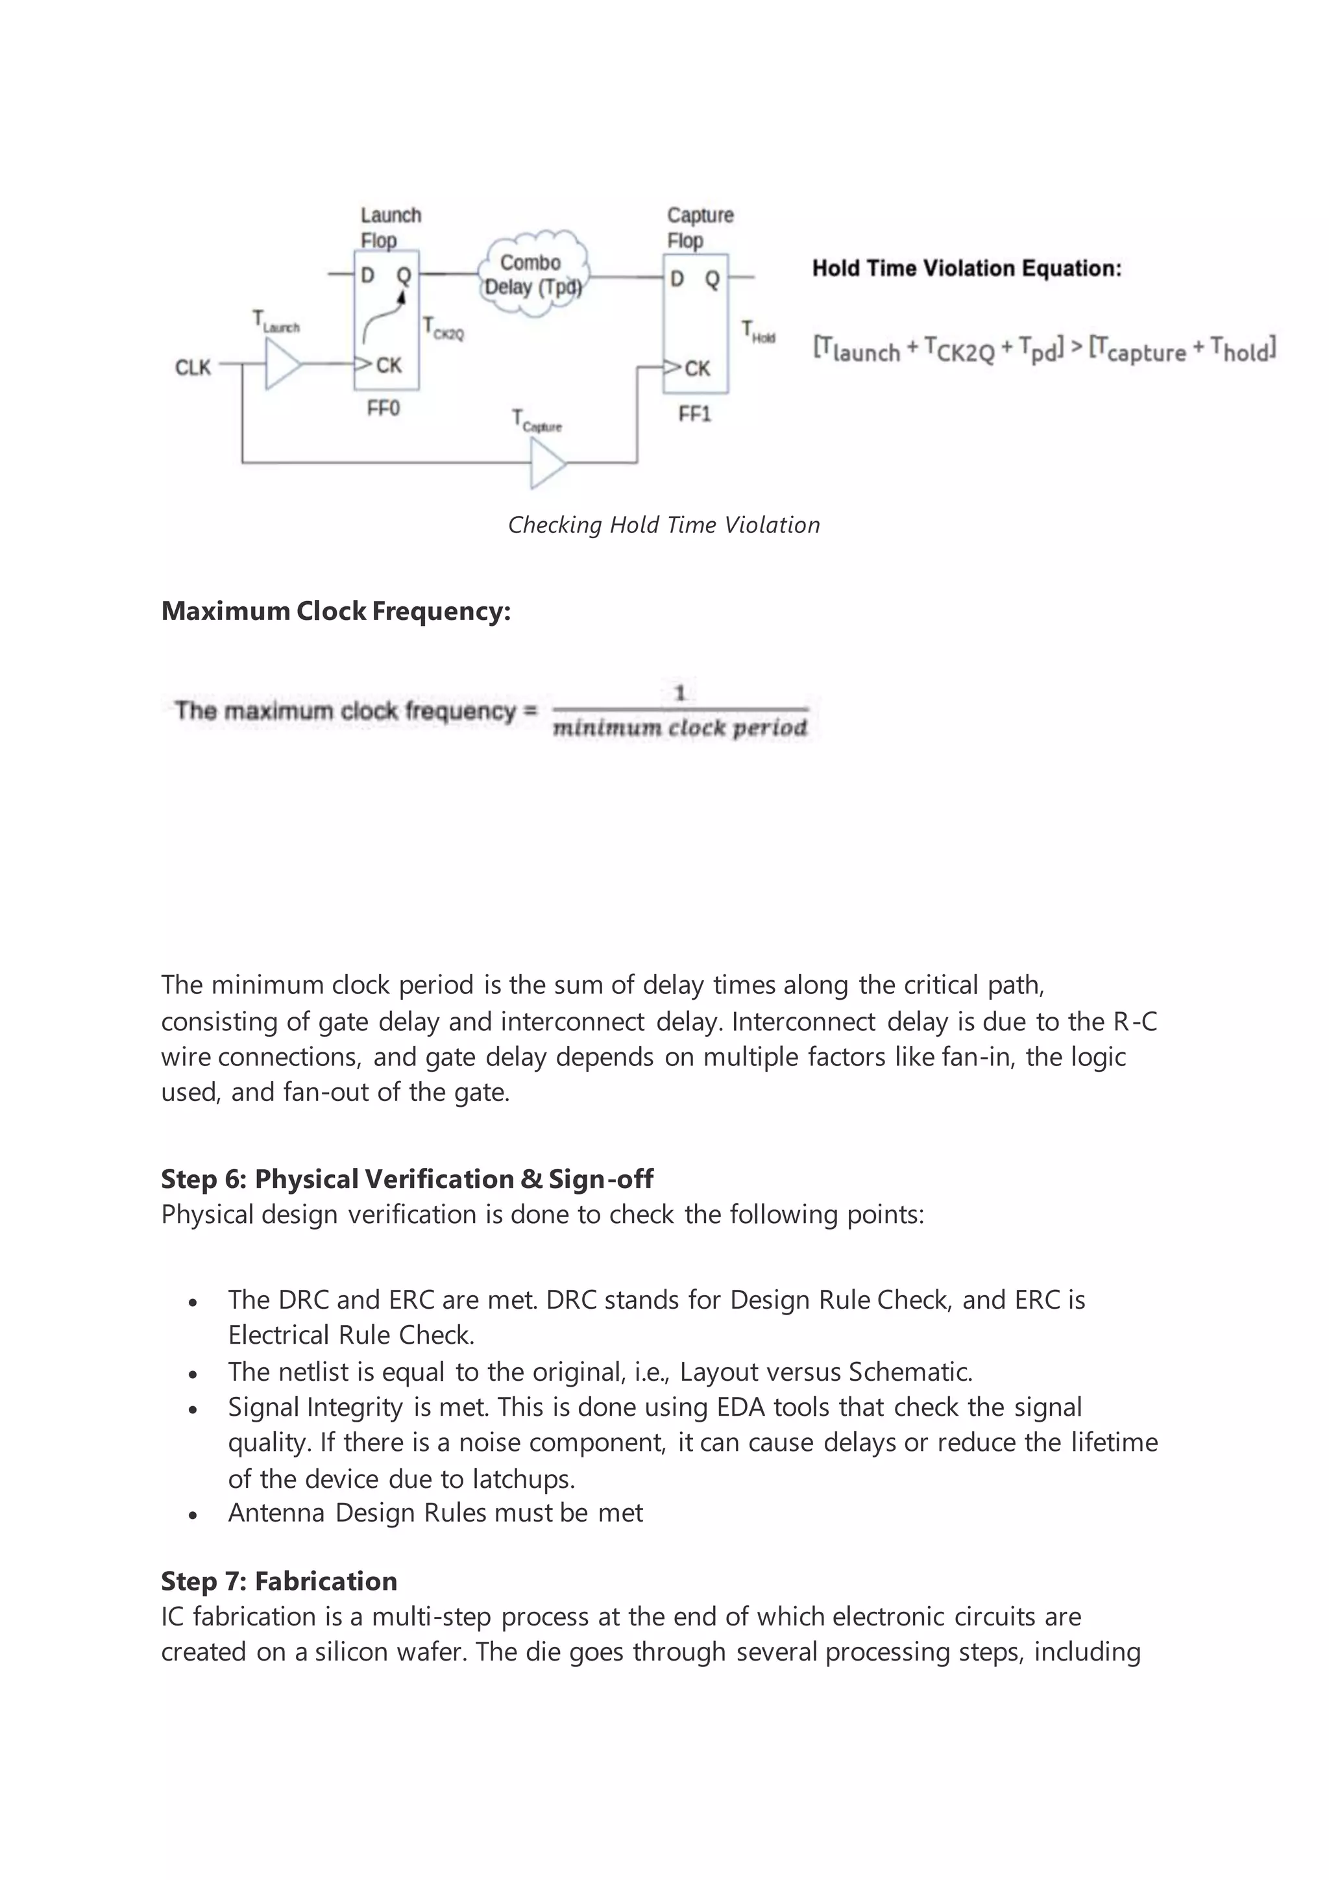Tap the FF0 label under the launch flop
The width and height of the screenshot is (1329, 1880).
click(383, 408)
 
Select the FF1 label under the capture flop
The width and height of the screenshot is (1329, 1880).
click(694, 414)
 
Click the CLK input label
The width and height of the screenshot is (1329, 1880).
click(193, 367)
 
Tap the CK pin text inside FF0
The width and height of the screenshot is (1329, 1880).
click(389, 365)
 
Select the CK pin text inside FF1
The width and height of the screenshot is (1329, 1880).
click(697, 369)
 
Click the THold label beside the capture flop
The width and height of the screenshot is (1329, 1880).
click(758, 332)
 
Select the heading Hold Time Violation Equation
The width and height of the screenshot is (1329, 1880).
click(966, 269)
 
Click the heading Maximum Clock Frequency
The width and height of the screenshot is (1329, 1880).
click(335, 611)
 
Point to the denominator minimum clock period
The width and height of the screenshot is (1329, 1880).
click(679, 728)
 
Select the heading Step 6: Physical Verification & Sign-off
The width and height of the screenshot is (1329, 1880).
click(407, 1178)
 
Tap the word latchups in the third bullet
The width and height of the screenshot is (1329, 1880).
click(524, 1479)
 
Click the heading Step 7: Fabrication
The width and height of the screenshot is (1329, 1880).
click(279, 1580)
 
